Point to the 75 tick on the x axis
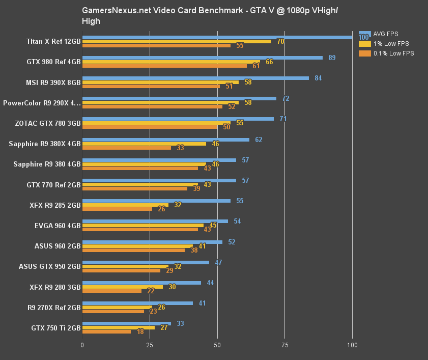(284, 345)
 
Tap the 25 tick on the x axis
(150, 345)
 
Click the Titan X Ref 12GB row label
(54, 41)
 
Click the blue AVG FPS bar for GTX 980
(202, 58)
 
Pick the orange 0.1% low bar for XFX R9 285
(117, 209)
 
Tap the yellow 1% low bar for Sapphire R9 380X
(144, 144)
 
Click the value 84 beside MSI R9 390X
(318, 78)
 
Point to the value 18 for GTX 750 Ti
(140, 332)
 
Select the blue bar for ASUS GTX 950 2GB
(146, 262)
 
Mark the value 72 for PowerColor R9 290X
(286, 98)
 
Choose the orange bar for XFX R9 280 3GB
(112, 291)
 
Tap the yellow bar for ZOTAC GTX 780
(156, 123)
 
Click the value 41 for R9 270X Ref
(202, 303)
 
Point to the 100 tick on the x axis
(352, 345)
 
